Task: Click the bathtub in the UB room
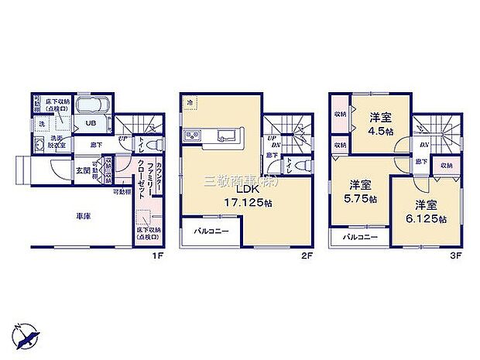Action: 94,106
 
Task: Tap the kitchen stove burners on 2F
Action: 193,137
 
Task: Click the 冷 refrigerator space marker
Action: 190,101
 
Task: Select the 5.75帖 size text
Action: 363,198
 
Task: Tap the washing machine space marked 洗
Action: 42,124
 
